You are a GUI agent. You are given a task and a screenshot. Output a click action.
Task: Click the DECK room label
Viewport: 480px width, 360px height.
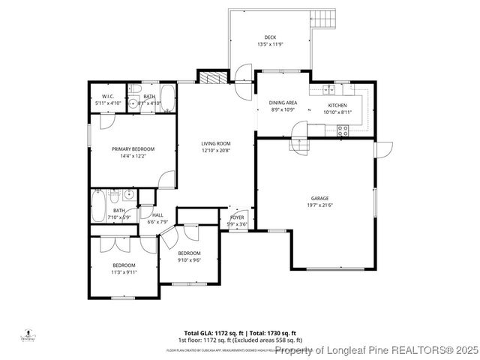coord(269,37)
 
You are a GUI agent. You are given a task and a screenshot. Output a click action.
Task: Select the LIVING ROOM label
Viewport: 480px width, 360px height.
coord(215,144)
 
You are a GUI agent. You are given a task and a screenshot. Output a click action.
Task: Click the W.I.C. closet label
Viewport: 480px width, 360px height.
coord(107,97)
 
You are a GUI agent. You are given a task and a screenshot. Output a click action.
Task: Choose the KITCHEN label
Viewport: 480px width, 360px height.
coord(335,106)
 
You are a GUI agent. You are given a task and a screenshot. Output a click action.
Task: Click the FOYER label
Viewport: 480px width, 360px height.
coord(237,218)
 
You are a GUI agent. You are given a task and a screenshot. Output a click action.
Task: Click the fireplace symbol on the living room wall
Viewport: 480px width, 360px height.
coord(209,78)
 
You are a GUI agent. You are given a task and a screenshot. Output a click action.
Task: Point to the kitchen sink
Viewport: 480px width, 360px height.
coord(328,90)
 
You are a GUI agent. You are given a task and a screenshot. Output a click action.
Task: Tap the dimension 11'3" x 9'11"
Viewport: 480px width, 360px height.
coord(124,272)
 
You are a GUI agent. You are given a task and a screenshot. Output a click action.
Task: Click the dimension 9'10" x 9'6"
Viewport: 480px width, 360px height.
coord(189,260)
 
